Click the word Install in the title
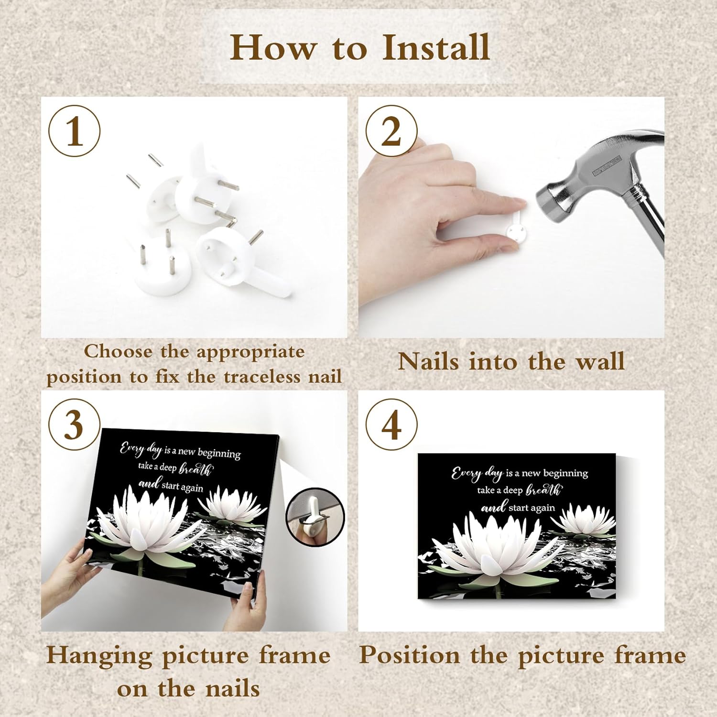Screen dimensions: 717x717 click(436, 48)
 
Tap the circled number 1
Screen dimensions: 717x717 click(75, 131)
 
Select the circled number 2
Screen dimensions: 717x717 click(391, 131)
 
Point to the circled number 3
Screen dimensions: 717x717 click(74, 424)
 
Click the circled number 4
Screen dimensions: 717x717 click(391, 424)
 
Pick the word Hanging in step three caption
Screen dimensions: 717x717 click(99, 655)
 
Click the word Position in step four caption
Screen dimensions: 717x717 click(409, 655)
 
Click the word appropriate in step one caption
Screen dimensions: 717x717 click(250, 352)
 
